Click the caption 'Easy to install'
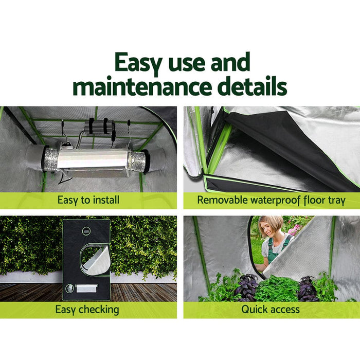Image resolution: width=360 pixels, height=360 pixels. (88, 201)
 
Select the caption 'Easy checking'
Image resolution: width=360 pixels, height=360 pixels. (87, 310)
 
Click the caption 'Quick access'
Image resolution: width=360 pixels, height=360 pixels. (271, 310)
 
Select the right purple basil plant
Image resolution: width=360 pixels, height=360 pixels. (308, 289)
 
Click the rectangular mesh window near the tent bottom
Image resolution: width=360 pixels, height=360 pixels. (86, 289)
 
